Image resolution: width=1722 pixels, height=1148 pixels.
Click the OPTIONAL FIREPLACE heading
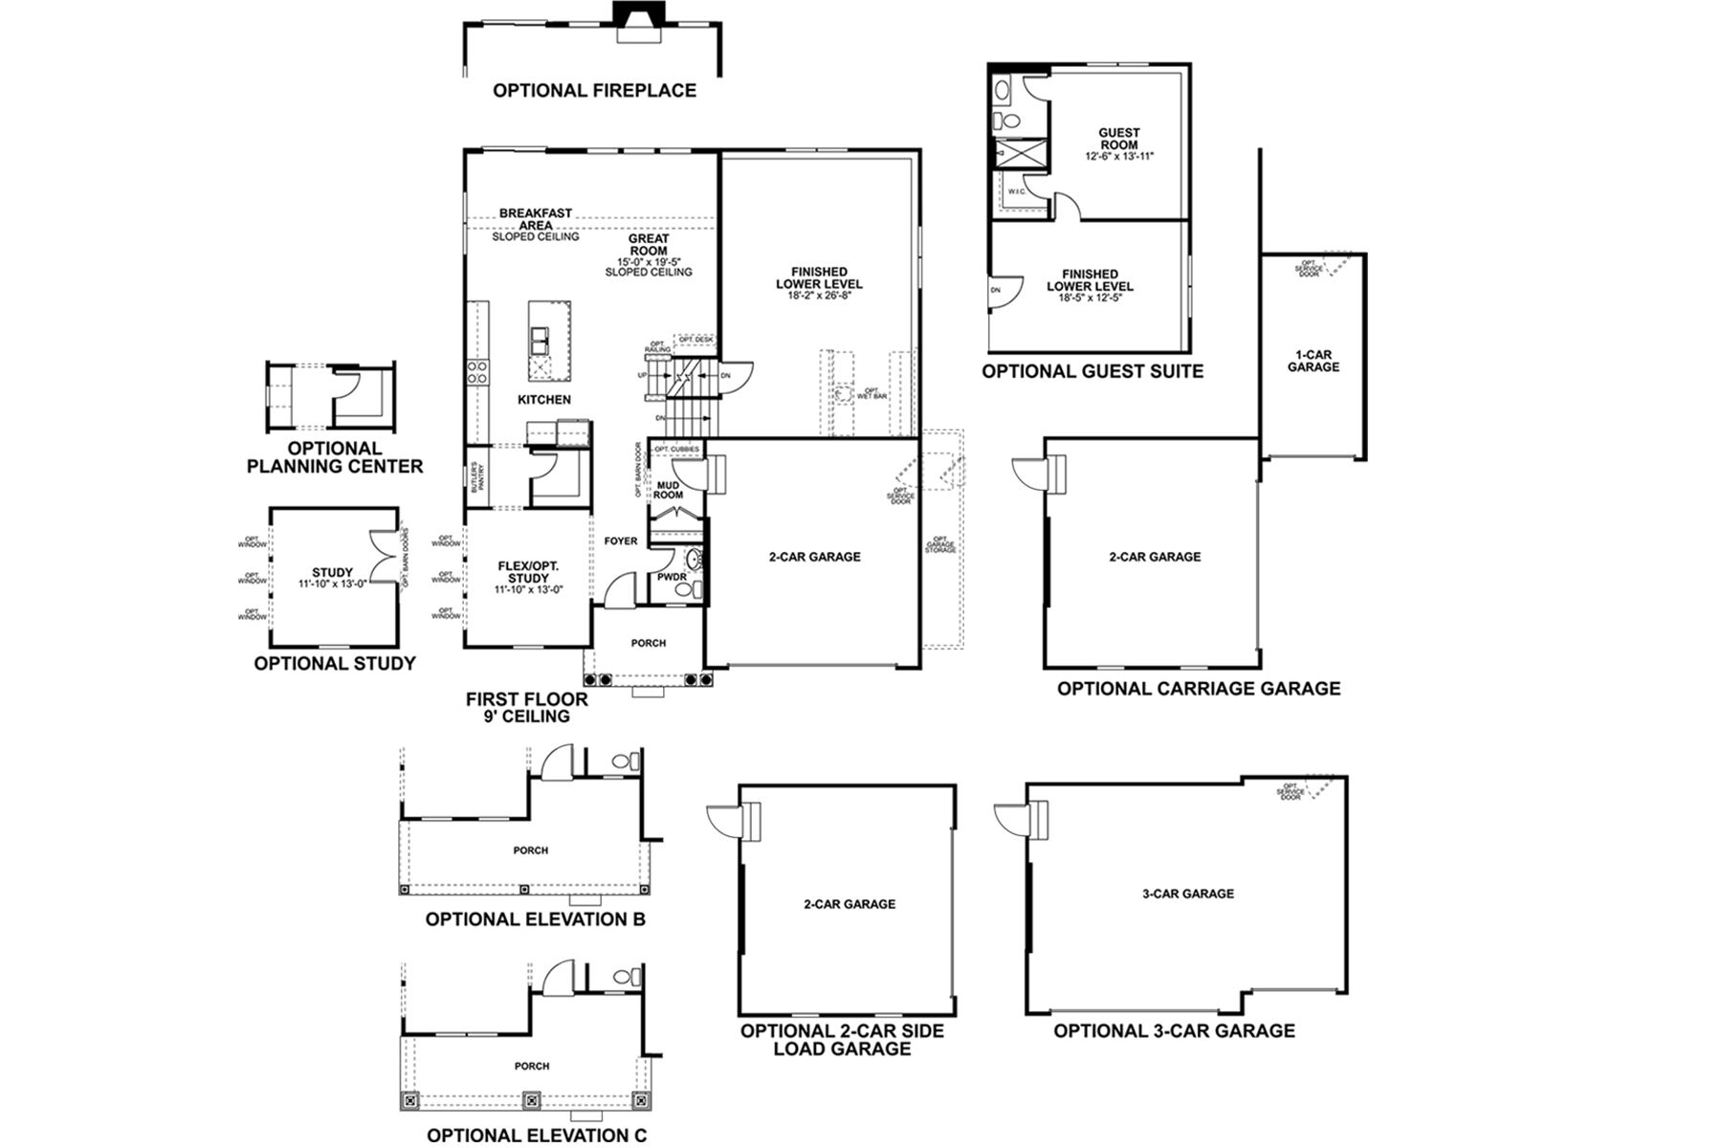click(594, 91)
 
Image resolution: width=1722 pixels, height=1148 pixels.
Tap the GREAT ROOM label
click(649, 245)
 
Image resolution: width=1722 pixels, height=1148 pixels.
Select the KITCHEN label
click(544, 400)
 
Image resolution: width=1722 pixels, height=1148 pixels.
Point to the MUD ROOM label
click(668, 491)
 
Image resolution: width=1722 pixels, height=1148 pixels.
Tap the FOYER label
click(621, 541)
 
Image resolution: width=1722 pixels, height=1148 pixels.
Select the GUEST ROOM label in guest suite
click(1118, 140)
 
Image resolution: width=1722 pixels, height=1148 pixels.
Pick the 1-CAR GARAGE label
click(1313, 362)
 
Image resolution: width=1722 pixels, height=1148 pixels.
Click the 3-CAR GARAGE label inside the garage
click(1188, 894)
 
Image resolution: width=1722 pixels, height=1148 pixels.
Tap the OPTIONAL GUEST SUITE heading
click(1093, 371)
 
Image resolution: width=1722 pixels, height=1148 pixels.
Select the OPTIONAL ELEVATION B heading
click(535, 919)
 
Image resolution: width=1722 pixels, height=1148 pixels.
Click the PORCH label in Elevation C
click(532, 1066)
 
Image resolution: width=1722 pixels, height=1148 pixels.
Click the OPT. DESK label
click(695, 340)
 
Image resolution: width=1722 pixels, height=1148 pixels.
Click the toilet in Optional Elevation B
click(624, 762)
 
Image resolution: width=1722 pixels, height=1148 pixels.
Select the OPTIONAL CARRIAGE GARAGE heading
click(1198, 688)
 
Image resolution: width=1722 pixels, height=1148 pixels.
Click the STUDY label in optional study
click(332, 573)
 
